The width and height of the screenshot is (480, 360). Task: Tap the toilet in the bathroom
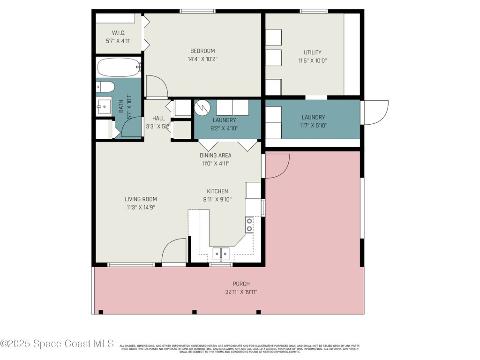(105, 87)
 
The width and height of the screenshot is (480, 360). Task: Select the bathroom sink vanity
(104, 107)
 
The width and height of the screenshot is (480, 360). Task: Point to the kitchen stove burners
(250, 225)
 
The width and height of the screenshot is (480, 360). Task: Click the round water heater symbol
(202, 107)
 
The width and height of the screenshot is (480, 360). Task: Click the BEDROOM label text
(202, 51)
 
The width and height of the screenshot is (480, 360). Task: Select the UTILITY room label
(312, 52)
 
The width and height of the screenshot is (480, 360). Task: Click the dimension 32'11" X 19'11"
(241, 292)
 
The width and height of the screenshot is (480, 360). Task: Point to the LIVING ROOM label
(141, 199)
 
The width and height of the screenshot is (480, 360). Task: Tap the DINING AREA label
(215, 156)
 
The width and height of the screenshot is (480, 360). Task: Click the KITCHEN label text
(217, 191)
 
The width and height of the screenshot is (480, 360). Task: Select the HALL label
(158, 119)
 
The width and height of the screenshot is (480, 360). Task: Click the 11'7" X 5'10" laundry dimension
(313, 125)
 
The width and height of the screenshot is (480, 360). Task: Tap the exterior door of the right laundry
(375, 112)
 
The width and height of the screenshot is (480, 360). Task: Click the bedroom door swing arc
(157, 86)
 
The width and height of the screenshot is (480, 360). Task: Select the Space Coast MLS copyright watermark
(57, 344)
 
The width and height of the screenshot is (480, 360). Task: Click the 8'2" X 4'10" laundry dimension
(224, 128)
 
